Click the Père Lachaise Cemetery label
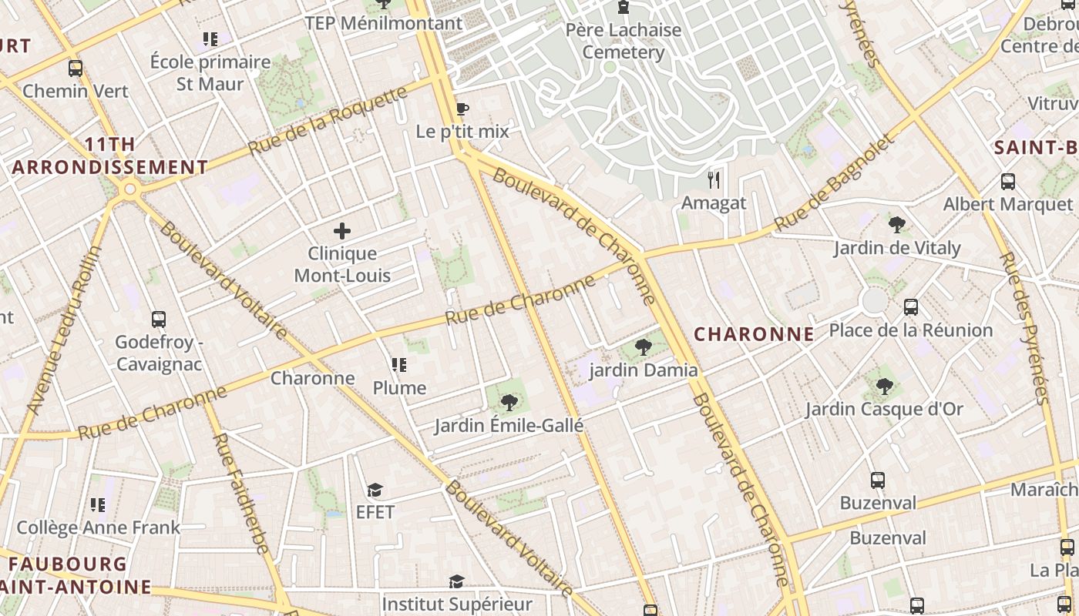point(624,41)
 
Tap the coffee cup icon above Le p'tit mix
point(462,109)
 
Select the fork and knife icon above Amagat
point(714,180)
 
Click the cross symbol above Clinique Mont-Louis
point(342,230)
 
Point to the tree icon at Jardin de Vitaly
point(896,225)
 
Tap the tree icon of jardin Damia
point(643,347)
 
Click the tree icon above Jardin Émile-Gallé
point(509,402)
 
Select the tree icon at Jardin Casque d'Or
point(884,386)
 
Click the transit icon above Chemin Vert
point(75,68)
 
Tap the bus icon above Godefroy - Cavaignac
point(159,319)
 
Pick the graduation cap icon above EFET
point(375,490)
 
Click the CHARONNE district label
point(754,334)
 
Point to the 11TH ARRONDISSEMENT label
point(109,156)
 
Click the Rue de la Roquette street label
point(327,121)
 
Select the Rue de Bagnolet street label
point(835,183)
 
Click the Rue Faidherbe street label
point(240,493)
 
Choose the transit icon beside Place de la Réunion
point(911,307)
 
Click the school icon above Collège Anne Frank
point(98,505)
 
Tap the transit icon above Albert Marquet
point(1007,182)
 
